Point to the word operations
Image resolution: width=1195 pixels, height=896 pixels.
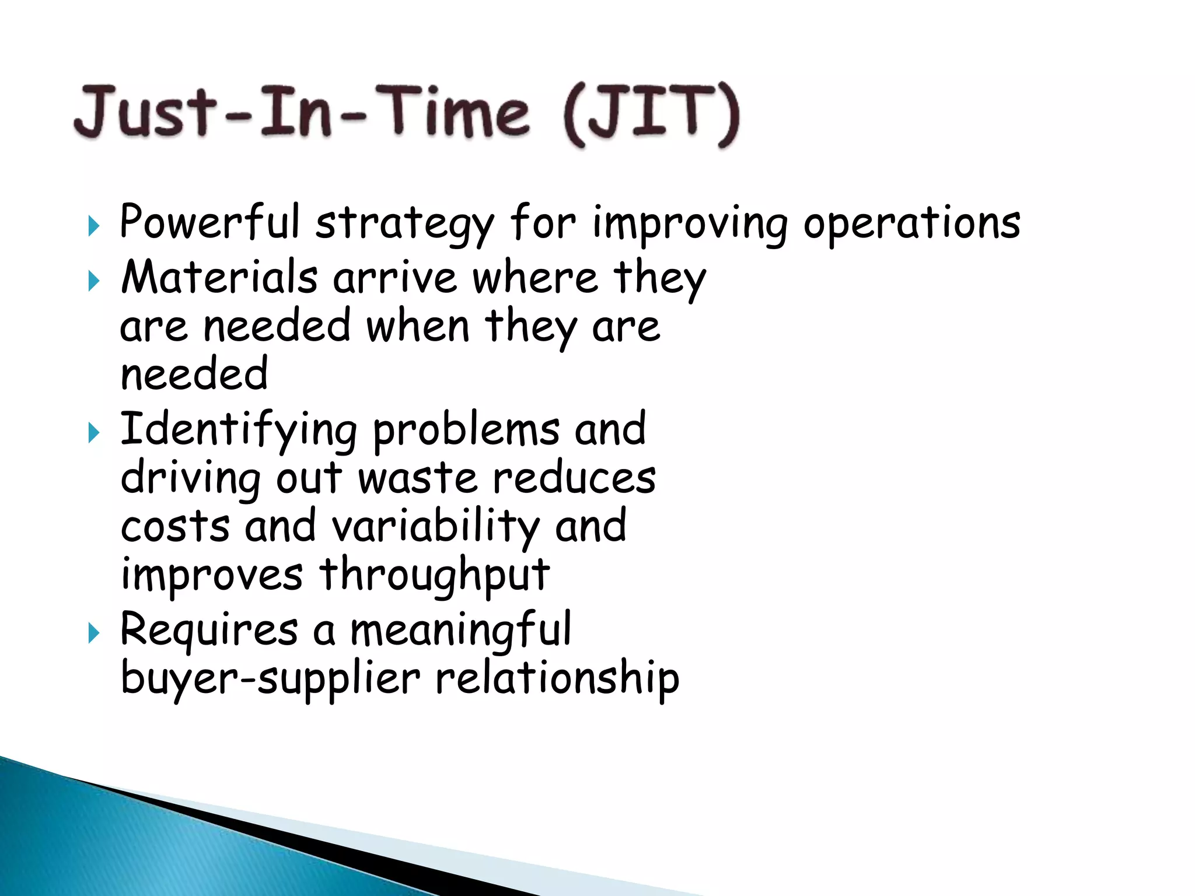pos(911,224)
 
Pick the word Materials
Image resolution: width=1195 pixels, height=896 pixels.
pos(219,277)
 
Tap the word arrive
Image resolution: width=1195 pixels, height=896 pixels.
pos(395,278)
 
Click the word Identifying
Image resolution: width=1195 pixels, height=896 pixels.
pos(238,430)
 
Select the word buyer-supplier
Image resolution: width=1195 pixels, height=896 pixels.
pos(270,680)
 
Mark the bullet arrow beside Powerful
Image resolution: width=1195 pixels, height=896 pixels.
pos(93,225)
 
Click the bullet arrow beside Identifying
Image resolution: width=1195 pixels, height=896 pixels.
pos(93,433)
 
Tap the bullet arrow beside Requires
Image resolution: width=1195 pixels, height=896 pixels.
pos(93,633)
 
